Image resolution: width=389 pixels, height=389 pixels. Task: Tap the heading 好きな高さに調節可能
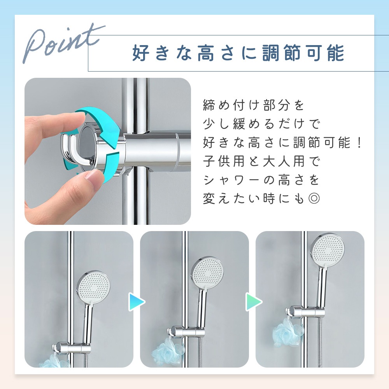tap(238, 53)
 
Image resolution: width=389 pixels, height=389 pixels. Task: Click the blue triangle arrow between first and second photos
tap(137, 302)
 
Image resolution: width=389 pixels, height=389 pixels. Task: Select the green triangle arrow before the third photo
tap(254, 302)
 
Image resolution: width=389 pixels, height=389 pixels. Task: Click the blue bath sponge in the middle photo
tap(168, 350)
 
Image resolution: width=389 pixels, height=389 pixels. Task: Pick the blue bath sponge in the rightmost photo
tap(288, 330)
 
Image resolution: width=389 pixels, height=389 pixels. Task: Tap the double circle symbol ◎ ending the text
tap(314, 198)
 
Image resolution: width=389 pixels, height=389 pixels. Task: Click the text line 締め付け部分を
tap(253, 105)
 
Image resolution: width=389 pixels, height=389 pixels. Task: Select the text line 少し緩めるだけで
tap(261, 124)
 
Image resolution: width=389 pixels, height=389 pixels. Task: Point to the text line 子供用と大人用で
tap(261, 161)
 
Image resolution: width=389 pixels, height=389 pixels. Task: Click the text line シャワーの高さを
tap(261, 180)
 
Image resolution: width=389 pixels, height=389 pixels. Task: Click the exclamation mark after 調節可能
tap(360, 142)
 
